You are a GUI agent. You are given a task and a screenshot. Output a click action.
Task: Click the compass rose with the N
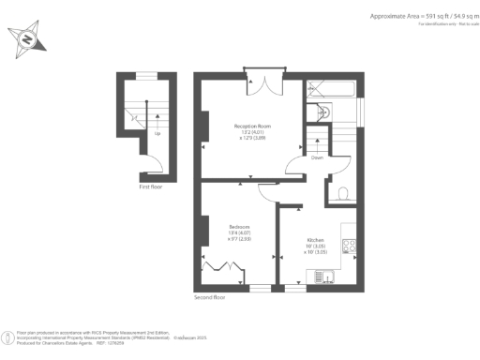pyautogui.click(x=27, y=37)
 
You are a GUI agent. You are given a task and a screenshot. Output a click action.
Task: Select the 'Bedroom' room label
pyautogui.click(x=239, y=226)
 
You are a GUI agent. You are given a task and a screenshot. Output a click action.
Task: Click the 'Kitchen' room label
pyautogui.click(x=315, y=239)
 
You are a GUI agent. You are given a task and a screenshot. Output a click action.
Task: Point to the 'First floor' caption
pyautogui.click(x=150, y=187)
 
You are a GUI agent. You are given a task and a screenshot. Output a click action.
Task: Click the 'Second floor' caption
pyautogui.click(x=211, y=297)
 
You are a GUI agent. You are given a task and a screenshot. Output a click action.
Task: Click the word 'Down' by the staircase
pyautogui.click(x=319, y=158)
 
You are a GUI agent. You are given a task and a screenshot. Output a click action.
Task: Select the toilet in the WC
pyautogui.click(x=343, y=193)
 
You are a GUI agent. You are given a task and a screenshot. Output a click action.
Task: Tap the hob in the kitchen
pyautogui.click(x=347, y=247)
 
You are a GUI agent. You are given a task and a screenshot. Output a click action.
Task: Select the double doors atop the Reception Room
pyautogui.click(x=263, y=82)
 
